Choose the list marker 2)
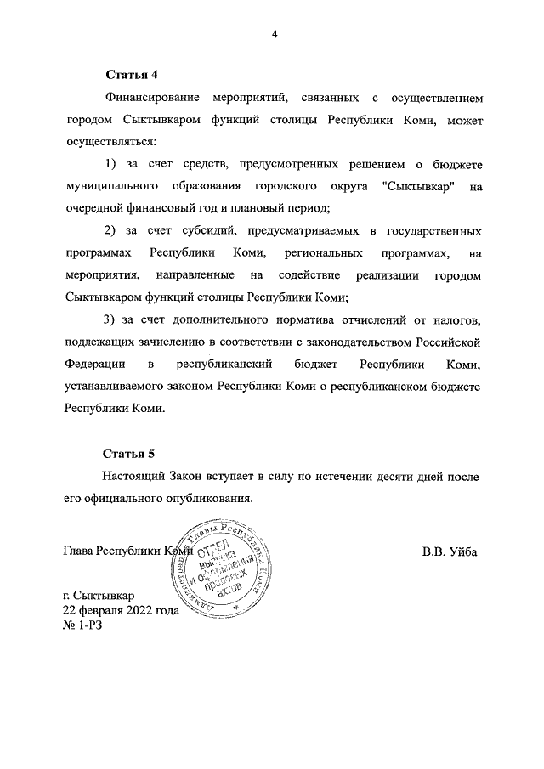point(110,231)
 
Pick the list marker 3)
point(110,320)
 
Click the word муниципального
point(113,185)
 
